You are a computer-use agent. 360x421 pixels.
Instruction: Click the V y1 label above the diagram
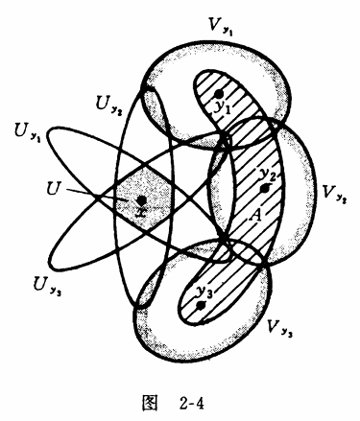pos(220,27)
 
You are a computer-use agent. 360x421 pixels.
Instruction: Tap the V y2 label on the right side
pos(334,194)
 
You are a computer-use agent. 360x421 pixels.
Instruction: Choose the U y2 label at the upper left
pos(109,105)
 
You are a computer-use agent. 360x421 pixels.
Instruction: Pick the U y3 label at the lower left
pos(47,286)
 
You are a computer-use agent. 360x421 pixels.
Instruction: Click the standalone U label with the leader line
pos(53,189)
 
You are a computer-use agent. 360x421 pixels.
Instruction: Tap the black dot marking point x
pos(141,200)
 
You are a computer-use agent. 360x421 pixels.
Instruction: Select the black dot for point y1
pos(219,94)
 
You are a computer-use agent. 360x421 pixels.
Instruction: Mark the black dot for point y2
pos(264,189)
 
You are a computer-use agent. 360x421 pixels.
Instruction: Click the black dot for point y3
pos(201,305)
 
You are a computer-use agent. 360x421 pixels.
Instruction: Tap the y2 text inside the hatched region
pos(267,175)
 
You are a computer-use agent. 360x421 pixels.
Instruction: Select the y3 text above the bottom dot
pos(204,292)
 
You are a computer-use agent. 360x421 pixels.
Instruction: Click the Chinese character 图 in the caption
pos(150,402)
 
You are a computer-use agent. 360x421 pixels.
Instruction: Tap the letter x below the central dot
pos(141,212)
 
